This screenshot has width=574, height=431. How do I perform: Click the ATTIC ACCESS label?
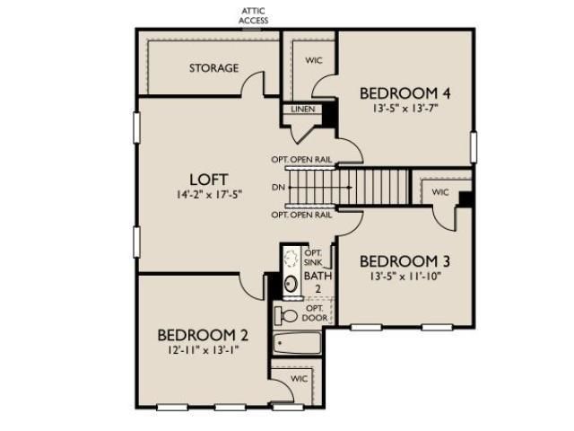point(253,15)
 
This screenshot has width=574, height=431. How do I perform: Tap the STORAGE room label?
point(213,68)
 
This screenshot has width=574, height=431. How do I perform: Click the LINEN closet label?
point(300,110)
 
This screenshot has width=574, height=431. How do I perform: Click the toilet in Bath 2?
point(287,315)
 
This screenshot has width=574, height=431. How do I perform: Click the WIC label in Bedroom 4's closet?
point(314,62)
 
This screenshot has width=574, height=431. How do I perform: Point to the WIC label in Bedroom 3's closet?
point(439,192)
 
